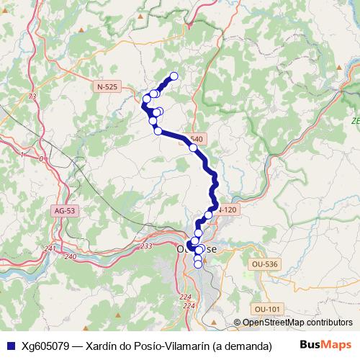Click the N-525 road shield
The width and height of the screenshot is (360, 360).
click(x=107, y=86)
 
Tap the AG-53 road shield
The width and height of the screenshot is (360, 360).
click(x=64, y=211)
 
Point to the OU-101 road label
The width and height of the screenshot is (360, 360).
click(x=266, y=309)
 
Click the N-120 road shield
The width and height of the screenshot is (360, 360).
click(x=225, y=210)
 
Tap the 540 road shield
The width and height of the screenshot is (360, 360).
click(x=197, y=138)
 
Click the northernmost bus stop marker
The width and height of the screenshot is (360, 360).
click(x=174, y=76)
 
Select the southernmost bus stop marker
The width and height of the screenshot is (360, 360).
click(x=198, y=264)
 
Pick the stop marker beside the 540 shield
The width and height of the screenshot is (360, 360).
click(x=193, y=148)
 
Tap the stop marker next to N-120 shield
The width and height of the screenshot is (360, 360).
click(x=209, y=215)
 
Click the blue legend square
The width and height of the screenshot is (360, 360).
click(x=11, y=346)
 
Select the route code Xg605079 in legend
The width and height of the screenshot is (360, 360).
click(x=45, y=346)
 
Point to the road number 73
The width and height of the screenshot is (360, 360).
click(x=32, y=96)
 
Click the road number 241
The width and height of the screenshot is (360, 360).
click(x=50, y=248)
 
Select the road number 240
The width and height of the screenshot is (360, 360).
click(x=70, y=256)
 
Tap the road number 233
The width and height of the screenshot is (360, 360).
click(x=146, y=246)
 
